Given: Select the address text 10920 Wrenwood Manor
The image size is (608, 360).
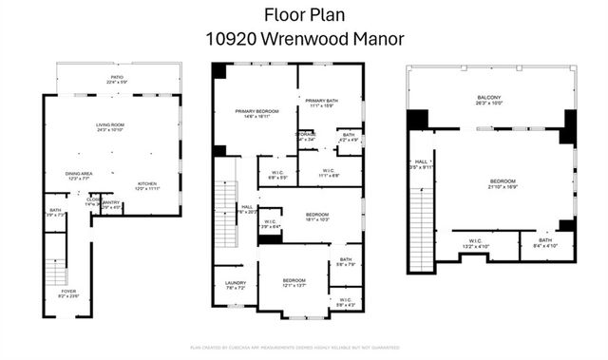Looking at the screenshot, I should (303, 39).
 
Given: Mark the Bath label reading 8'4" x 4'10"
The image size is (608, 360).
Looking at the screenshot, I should (544, 243).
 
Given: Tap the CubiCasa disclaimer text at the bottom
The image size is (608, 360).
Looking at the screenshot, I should (303, 349).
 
